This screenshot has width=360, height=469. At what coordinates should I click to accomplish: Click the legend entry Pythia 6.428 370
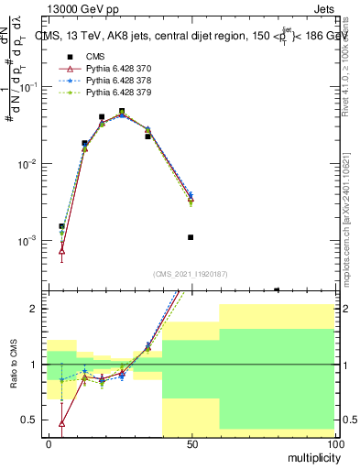click(x=115, y=69)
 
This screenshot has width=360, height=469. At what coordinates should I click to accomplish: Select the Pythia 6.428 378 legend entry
click(x=115, y=81)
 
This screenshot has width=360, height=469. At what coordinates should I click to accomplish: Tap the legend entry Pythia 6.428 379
click(x=115, y=93)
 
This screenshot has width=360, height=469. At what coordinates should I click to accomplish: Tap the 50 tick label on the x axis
click(x=191, y=443)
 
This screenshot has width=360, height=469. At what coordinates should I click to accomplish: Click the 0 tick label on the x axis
click(x=49, y=443)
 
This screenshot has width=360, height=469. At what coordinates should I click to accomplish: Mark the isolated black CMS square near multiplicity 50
click(x=191, y=237)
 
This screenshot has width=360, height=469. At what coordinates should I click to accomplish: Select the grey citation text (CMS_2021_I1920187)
click(x=190, y=273)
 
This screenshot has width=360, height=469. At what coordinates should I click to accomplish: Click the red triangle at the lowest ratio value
click(x=61, y=423)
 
